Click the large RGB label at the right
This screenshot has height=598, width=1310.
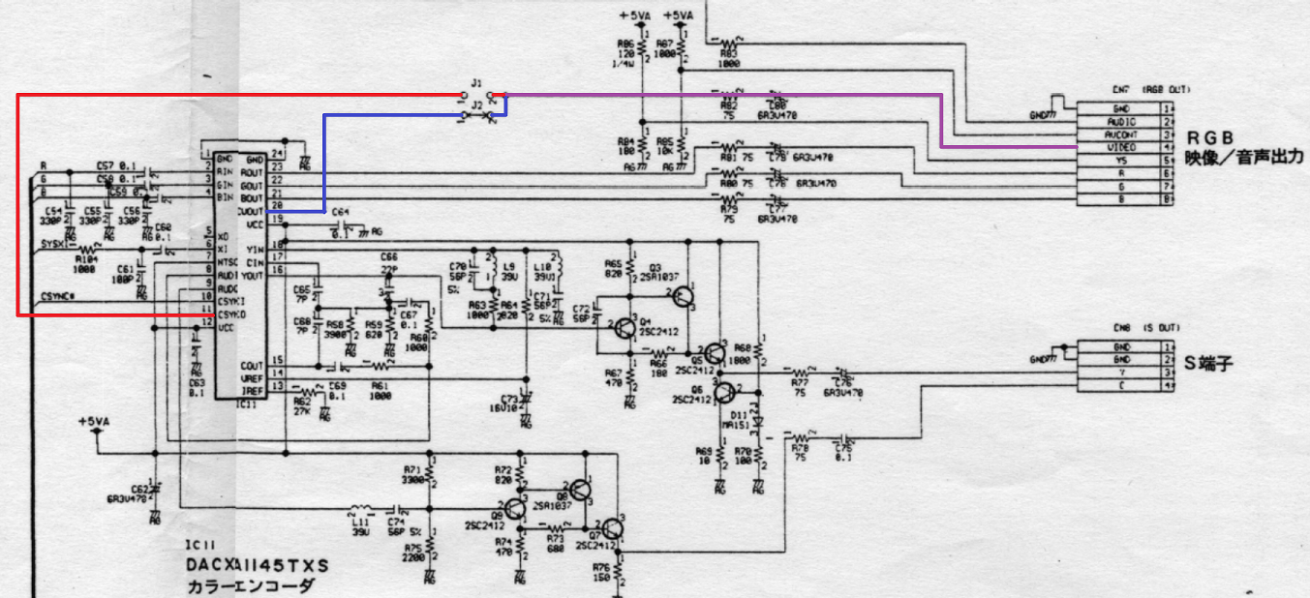1211,136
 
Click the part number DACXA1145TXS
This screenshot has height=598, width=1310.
258,564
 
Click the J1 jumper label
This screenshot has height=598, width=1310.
476,83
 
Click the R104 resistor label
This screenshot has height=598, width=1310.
87,259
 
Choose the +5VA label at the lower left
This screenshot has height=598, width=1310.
94,422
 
